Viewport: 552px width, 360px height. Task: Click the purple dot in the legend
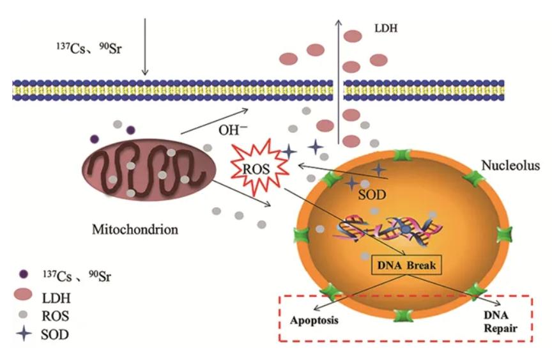[x=24, y=276]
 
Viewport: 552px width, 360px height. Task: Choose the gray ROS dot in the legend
[x=24, y=315]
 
